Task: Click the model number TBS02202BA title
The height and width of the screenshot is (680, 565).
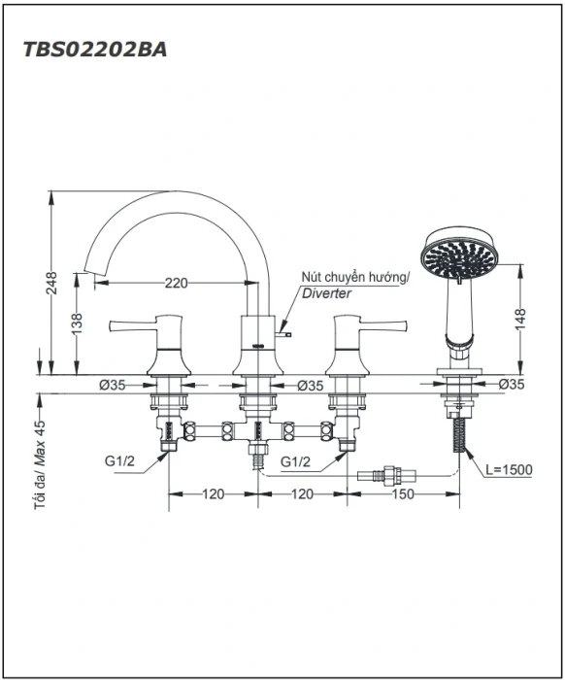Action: click(x=95, y=50)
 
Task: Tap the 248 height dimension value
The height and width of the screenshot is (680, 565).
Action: click(x=52, y=283)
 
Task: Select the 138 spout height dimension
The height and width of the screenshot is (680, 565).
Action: click(x=77, y=323)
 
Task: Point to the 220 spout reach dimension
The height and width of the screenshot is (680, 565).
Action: click(x=177, y=284)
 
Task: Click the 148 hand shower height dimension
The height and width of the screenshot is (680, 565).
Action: click(x=520, y=319)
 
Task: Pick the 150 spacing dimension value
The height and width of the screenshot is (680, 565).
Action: click(x=403, y=493)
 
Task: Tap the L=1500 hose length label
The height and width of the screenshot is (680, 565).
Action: click(x=509, y=469)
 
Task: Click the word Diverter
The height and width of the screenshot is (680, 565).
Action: click(x=327, y=293)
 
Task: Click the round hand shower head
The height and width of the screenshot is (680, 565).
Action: click(x=459, y=254)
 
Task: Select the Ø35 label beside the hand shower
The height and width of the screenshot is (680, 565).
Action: click(x=512, y=384)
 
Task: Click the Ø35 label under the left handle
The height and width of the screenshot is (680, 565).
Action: click(x=113, y=385)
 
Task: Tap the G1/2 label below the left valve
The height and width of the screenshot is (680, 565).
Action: click(x=119, y=461)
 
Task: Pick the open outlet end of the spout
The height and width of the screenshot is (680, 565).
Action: click(x=94, y=271)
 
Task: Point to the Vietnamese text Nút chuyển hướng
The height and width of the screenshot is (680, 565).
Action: click(x=355, y=277)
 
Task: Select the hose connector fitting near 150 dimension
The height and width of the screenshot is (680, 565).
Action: click(x=386, y=475)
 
